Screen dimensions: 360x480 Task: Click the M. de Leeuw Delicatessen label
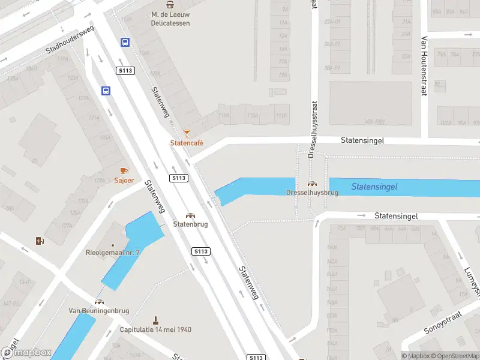coord(170,19)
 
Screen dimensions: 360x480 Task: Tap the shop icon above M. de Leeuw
coord(170,4)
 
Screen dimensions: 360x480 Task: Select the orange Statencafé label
coord(187,143)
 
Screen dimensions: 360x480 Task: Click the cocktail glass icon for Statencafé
coord(187,133)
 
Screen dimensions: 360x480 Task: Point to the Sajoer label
coord(124,180)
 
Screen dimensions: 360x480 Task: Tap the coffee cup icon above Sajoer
coord(124,170)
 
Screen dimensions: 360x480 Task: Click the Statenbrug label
coord(190,224)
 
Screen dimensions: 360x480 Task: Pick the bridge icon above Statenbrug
coord(190,215)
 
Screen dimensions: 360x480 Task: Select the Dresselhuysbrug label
coord(312,193)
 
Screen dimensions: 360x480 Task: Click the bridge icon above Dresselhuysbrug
coord(312,184)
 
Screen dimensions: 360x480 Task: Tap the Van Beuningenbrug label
coord(99,310)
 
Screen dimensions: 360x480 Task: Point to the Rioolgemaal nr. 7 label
coord(113,253)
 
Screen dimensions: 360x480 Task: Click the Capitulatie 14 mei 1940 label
coord(155,329)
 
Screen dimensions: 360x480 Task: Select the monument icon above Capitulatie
coord(155,319)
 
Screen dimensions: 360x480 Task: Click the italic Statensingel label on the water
coord(374,187)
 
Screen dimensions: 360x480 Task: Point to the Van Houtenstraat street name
coord(424,66)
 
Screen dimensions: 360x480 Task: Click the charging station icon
coord(40,241)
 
